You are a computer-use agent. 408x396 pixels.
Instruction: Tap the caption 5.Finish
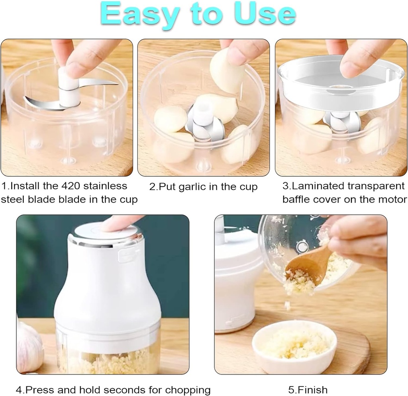pyautogui.click(x=308, y=389)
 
